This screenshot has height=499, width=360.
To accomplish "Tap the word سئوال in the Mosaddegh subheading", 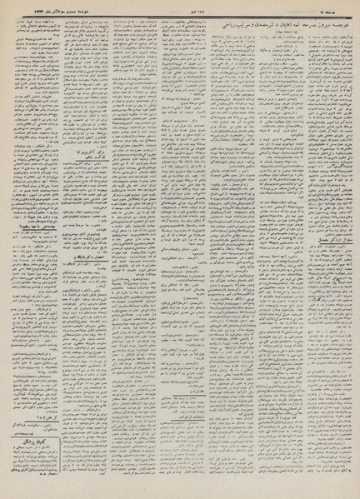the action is pyautogui.click(x=338, y=260).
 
